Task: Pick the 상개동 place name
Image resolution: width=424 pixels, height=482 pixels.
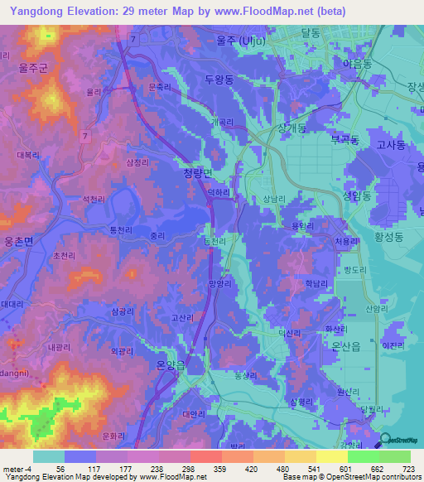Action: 291,128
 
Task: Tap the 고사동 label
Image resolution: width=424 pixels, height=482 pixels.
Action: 390,144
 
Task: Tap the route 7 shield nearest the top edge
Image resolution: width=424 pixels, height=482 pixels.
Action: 132,39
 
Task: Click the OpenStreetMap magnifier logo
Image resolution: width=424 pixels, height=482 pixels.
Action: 384,441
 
